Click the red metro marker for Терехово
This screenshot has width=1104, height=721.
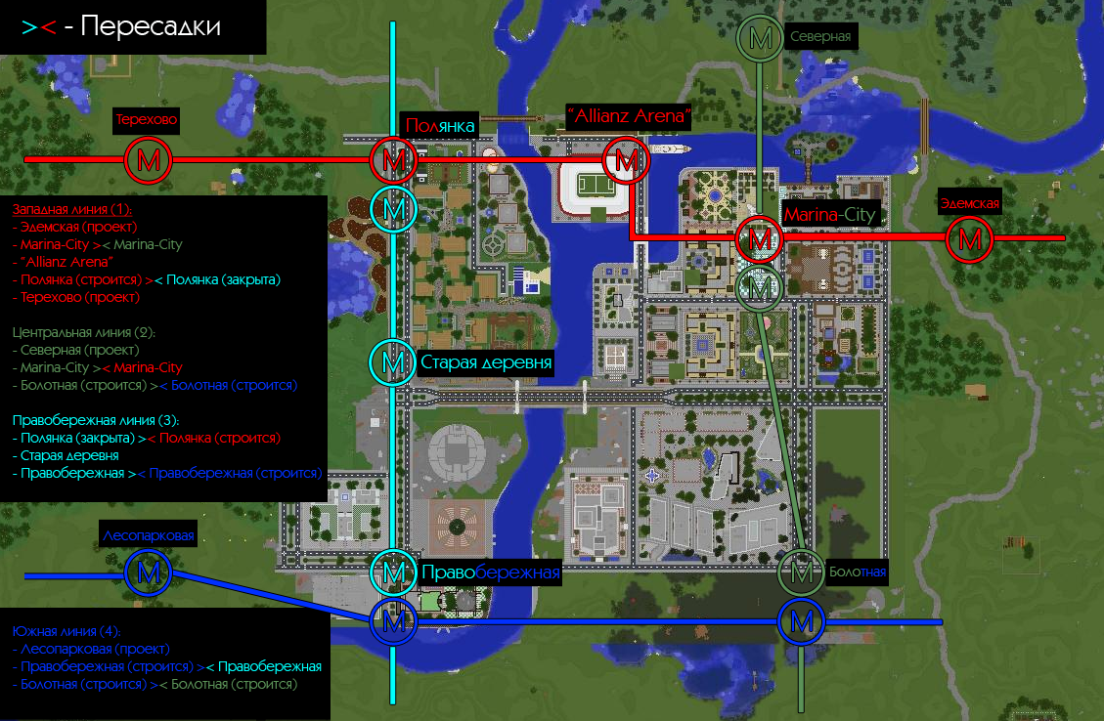[x=149, y=159]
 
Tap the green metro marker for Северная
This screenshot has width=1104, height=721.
[x=760, y=38]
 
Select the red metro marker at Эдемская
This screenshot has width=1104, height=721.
[x=969, y=238]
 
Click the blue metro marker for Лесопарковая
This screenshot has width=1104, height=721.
[x=150, y=573]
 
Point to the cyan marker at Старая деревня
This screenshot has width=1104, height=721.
[x=393, y=363]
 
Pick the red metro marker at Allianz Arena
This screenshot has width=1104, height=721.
[x=623, y=159]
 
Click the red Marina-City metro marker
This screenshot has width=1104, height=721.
[x=760, y=238]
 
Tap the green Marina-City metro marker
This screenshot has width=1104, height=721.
[x=760, y=285]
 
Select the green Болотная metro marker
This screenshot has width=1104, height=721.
[x=801, y=573]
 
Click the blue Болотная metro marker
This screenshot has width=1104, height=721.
[x=801, y=620]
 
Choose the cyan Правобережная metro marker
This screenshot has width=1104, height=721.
[x=393, y=573]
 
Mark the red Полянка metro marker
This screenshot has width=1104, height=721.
[x=393, y=159]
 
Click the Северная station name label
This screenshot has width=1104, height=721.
[x=820, y=37]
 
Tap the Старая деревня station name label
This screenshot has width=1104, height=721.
[x=486, y=363]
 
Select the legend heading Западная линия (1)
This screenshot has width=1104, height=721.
[x=70, y=209]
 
